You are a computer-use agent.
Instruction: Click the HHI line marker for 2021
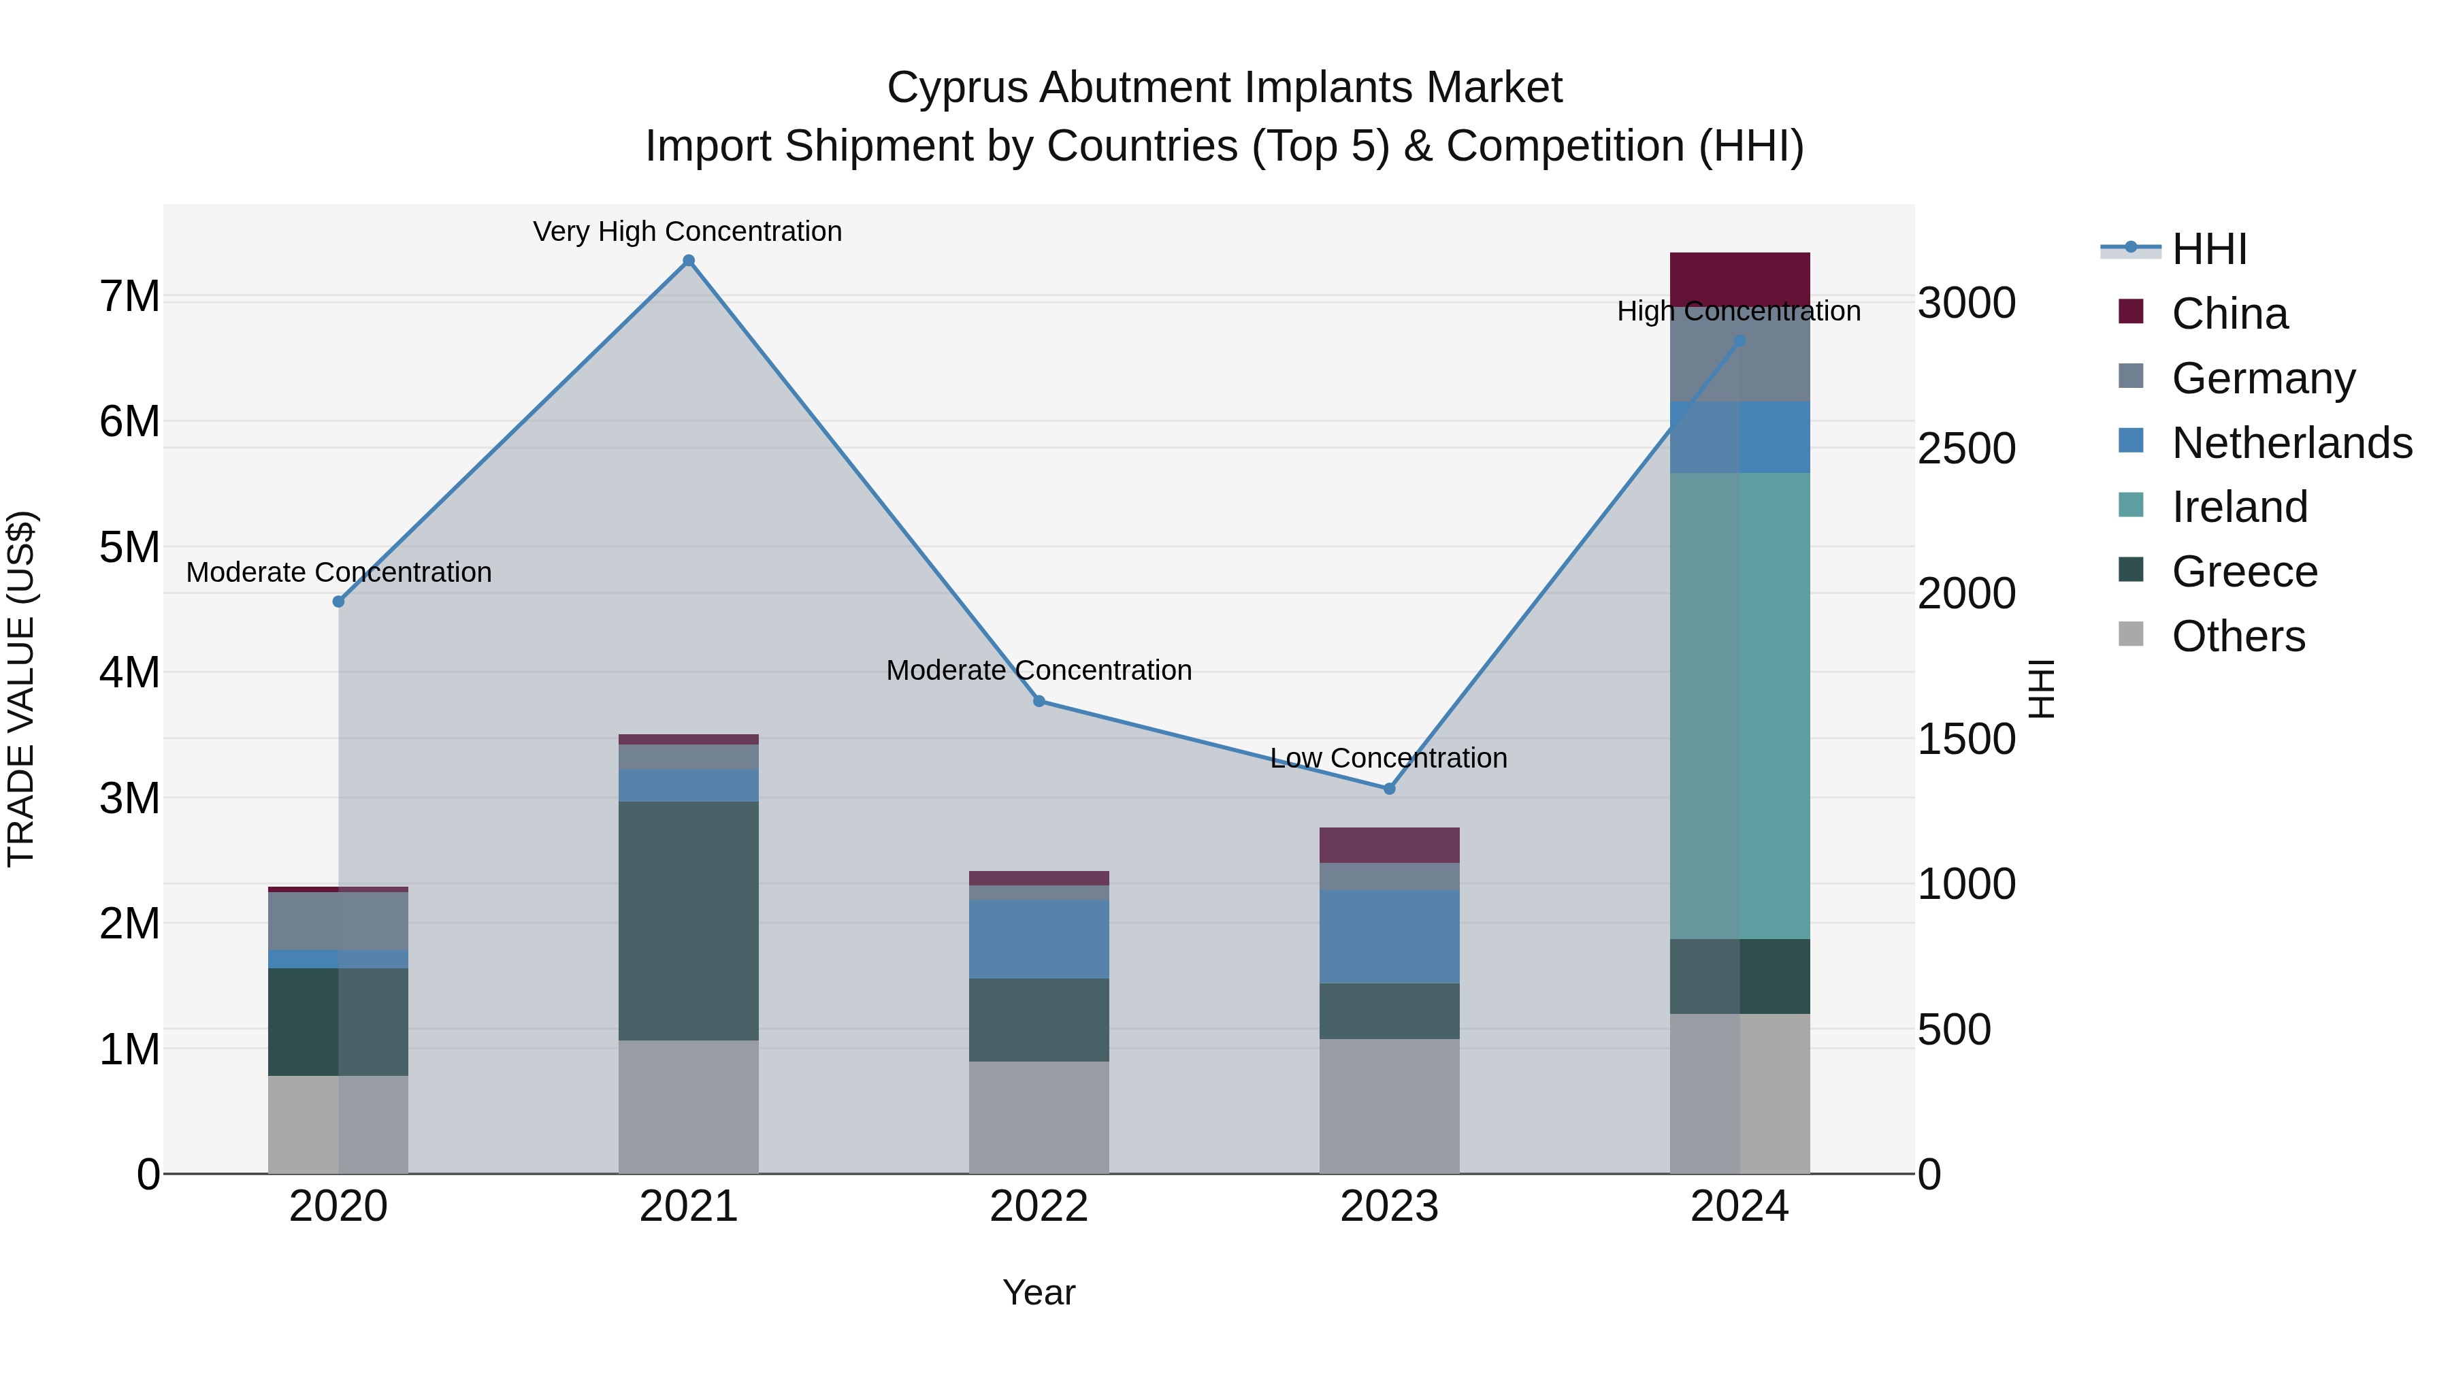click(x=689, y=261)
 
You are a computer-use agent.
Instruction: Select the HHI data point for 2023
click(x=1388, y=789)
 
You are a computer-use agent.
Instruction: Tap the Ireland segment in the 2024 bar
click(x=1739, y=706)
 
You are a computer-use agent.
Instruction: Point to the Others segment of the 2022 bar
click(x=1039, y=1117)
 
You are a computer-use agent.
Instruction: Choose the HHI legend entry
click(x=2208, y=249)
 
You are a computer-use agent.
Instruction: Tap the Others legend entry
click(x=2238, y=636)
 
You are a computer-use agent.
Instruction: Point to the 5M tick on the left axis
click(x=129, y=547)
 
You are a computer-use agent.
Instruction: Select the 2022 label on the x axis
click(x=1039, y=1207)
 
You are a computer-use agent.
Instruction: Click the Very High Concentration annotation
click(x=687, y=231)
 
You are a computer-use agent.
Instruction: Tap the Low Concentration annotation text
click(x=1388, y=758)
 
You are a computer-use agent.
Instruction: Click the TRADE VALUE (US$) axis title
click(x=21, y=689)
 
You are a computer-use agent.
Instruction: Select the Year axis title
click(x=1039, y=1292)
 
